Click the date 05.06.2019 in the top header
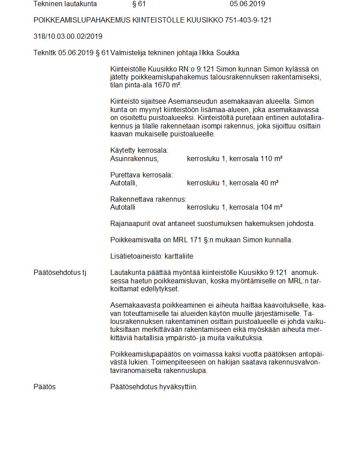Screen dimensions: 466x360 247,4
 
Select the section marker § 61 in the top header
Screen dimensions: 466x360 139,4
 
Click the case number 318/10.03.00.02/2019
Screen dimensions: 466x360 68,37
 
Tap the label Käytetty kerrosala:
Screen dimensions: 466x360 139,150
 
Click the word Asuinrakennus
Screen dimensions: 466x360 134,158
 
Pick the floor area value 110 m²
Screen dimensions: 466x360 271,158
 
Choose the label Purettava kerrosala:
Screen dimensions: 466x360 141,175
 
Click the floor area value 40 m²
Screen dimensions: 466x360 269,183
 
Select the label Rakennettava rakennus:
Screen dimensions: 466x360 148,199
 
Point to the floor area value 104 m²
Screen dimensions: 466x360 271,207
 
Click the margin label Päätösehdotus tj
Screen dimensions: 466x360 60,273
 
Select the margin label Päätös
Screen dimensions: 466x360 45,387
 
